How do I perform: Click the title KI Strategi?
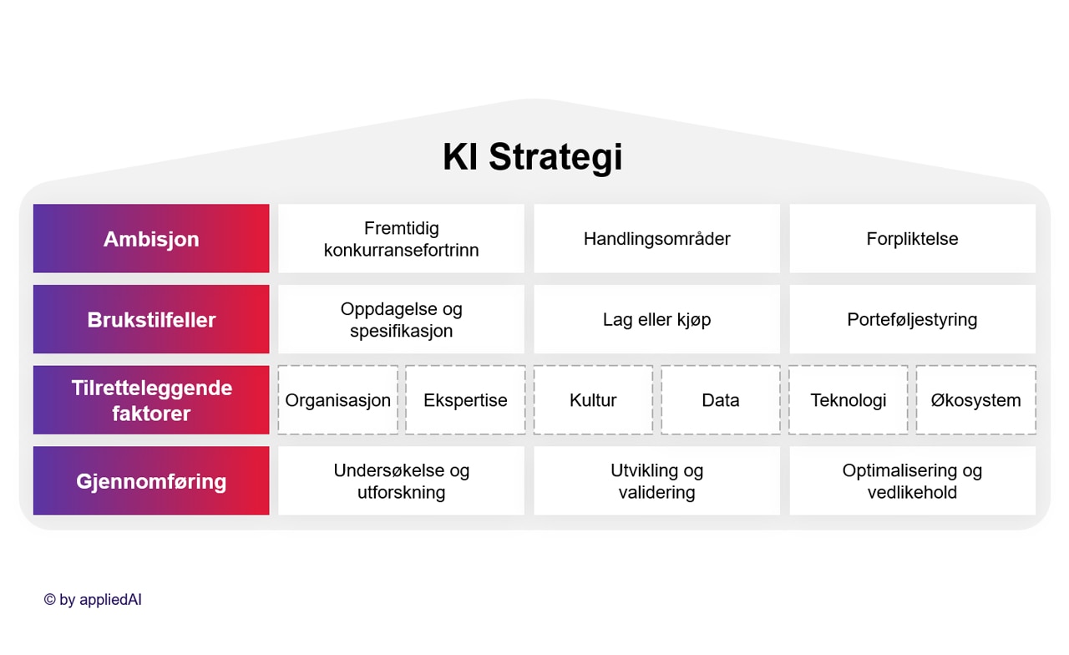(533, 157)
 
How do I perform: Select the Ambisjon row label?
(151, 239)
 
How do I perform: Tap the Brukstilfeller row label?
(151, 319)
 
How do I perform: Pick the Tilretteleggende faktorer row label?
(151, 400)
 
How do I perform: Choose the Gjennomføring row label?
(151, 481)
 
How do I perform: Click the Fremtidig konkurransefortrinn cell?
(401, 239)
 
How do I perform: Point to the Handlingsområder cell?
(656, 239)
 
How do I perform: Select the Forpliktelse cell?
(912, 239)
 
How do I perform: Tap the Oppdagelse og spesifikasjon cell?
(401, 319)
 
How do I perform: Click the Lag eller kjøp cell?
(656, 319)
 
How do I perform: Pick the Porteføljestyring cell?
(912, 319)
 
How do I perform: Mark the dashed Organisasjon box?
(337, 400)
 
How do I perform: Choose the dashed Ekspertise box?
(465, 400)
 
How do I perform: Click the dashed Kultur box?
(593, 400)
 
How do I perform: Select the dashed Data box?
(721, 400)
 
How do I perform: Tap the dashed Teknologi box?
(849, 400)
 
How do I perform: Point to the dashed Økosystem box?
(975, 400)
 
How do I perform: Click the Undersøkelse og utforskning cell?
(401, 481)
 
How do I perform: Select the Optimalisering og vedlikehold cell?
(912, 481)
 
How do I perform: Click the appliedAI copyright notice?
(93, 600)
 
